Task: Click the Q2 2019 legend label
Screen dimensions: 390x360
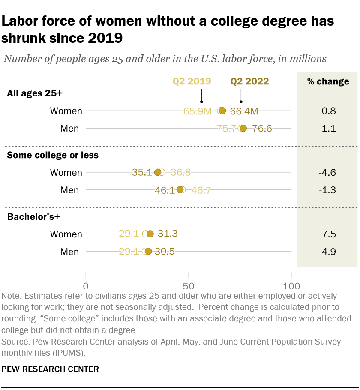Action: [192, 81]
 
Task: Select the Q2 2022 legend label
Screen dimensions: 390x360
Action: [250, 81]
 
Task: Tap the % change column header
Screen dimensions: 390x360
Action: [328, 81]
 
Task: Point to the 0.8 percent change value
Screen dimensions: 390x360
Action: [328, 111]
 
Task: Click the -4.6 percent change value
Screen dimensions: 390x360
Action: [328, 173]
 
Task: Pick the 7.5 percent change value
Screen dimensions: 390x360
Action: [328, 234]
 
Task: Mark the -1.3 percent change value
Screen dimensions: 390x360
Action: [328, 190]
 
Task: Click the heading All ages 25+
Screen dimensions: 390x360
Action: [36, 93]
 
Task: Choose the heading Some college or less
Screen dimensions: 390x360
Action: [53, 155]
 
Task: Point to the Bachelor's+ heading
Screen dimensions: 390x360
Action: [33, 217]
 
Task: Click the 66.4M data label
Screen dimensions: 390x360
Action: [244, 111]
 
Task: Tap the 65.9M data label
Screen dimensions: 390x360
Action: [198, 111]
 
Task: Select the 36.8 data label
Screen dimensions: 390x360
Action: [180, 173]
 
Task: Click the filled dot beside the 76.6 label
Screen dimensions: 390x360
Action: [243, 128]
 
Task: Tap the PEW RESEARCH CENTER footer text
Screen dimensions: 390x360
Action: [50, 369]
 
